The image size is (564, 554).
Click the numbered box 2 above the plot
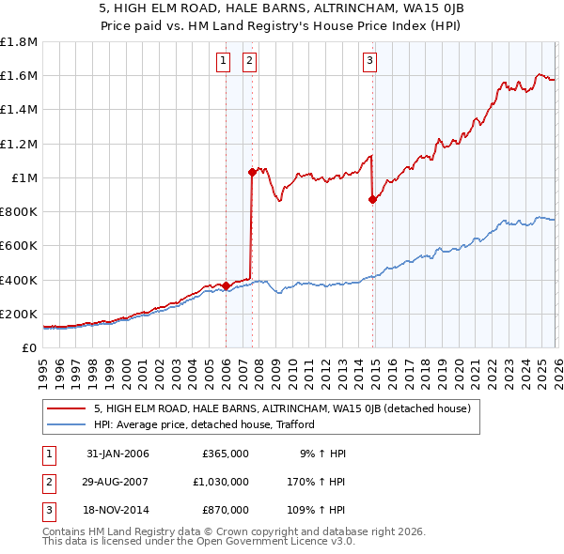250,62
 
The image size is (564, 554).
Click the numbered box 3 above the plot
370,62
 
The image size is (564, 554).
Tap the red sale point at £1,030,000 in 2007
252,172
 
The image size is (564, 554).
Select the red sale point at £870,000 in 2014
373,199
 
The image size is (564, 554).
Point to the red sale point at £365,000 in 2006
227,285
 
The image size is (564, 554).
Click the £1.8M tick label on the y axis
19,42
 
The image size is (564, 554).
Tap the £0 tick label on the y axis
29,347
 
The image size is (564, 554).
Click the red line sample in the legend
67,408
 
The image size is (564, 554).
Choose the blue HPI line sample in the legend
67,424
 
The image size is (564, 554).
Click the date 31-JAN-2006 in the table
117,454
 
